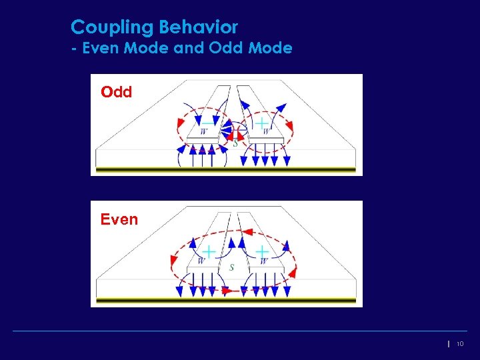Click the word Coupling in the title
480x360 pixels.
111,28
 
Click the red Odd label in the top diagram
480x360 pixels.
117,92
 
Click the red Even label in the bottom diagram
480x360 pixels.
119,219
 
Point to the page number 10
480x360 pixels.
460,344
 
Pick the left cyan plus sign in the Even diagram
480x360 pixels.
209,251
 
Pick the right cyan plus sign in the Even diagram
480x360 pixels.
263,251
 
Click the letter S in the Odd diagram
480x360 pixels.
235,142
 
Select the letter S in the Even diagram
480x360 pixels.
231,267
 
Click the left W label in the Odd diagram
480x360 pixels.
203,132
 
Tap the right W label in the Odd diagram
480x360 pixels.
266,132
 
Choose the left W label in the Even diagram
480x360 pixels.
201,261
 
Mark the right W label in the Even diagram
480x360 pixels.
263,261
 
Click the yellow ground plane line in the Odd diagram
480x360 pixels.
227,170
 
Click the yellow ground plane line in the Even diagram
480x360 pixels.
227,301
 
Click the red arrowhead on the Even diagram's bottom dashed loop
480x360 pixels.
226,291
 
